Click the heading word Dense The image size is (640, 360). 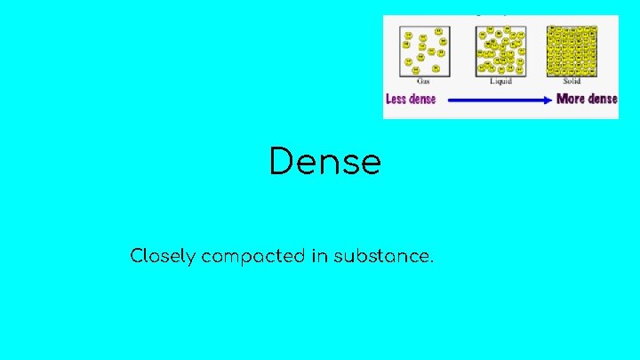click(325, 163)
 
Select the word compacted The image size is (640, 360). click(253, 257)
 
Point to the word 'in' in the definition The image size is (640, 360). click(320, 257)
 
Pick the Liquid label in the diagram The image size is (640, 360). click(500, 81)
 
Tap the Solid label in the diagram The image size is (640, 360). click(572, 81)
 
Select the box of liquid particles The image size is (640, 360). click(500, 51)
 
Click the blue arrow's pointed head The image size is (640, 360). click(548, 100)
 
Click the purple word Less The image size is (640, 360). click(396, 99)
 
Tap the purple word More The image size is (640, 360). click(572, 99)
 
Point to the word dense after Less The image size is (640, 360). click(422, 99)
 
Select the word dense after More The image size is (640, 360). click(603, 99)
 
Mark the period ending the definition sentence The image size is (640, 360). click(432, 262)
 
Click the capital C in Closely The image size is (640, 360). click(137, 257)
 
